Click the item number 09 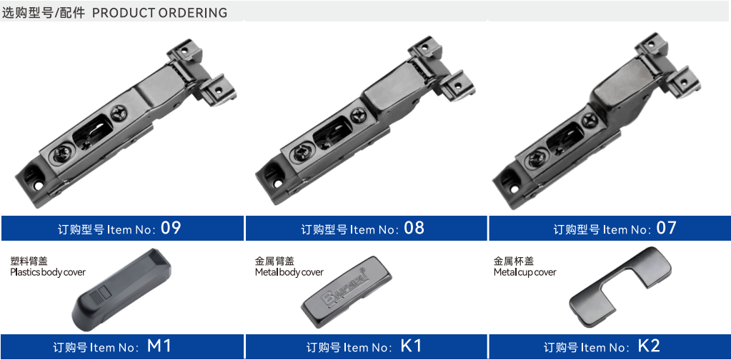click(x=171, y=228)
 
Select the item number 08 click(x=414, y=228)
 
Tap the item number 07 click(x=666, y=228)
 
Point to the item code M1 click(x=159, y=346)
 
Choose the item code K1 click(x=411, y=346)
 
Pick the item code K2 click(x=649, y=346)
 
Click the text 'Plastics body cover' click(x=48, y=272)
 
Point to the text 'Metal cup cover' click(x=525, y=272)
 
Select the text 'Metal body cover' click(x=289, y=272)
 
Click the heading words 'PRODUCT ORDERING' click(x=159, y=13)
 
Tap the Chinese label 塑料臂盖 click(x=29, y=261)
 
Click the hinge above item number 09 click(x=126, y=124)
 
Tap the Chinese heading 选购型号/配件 click(x=44, y=13)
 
